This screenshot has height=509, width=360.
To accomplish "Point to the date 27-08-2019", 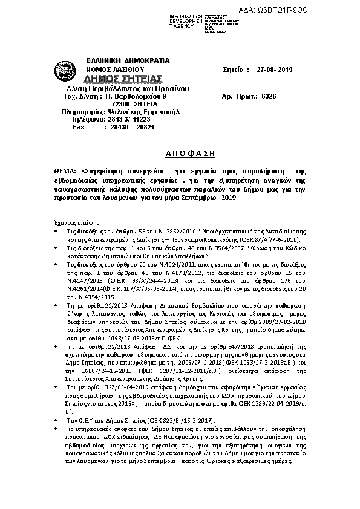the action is pos(274,70).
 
